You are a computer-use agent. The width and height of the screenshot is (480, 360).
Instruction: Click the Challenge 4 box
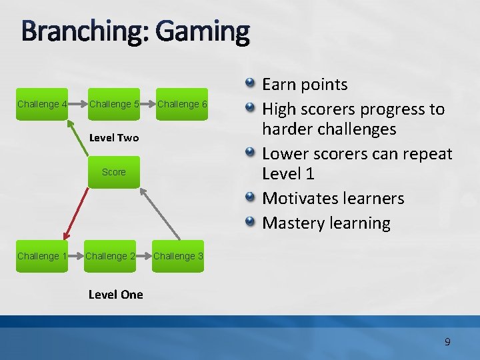(41, 104)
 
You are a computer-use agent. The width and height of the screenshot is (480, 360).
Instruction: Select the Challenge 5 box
(113, 104)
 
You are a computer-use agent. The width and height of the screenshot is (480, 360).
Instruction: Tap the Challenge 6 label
(182, 104)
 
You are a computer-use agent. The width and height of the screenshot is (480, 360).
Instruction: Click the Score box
(113, 172)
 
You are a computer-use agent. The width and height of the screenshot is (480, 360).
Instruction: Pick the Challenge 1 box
(41, 256)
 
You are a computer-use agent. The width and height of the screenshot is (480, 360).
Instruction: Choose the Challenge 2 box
(111, 256)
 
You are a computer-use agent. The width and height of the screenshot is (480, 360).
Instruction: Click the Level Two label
(113, 138)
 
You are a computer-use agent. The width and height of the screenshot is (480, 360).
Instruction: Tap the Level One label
(115, 294)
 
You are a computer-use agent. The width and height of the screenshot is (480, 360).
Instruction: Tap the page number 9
(447, 342)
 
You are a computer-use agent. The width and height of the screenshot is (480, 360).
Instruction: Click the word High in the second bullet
(279, 109)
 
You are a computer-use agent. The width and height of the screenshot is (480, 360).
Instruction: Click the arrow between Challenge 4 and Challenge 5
(79, 104)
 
